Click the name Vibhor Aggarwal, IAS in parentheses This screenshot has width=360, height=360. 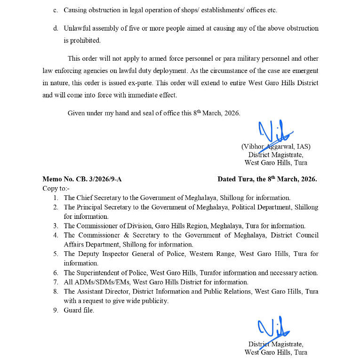pyautogui.click(x=276, y=146)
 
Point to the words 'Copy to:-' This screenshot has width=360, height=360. pyautogui.click(x=55, y=188)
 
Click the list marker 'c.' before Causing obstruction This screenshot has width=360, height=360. pyautogui.click(x=56, y=10)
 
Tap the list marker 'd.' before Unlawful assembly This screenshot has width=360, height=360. pyautogui.click(x=56, y=28)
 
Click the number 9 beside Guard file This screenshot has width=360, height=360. pyautogui.click(x=55, y=310)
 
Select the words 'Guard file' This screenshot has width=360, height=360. pyautogui.click(x=79, y=310)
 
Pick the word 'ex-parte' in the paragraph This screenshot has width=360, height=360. pyautogui.click(x=141, y=83)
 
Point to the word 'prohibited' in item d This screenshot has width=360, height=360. pyautogui.click(x=86, y=40)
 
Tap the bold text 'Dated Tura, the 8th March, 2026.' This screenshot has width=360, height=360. pyautogui.click(x=267, y=179)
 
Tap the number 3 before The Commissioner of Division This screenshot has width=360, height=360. pyautogui.click(x=55, y=226)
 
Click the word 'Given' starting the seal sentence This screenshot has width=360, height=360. pyautogui.click(x=77, y=113)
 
